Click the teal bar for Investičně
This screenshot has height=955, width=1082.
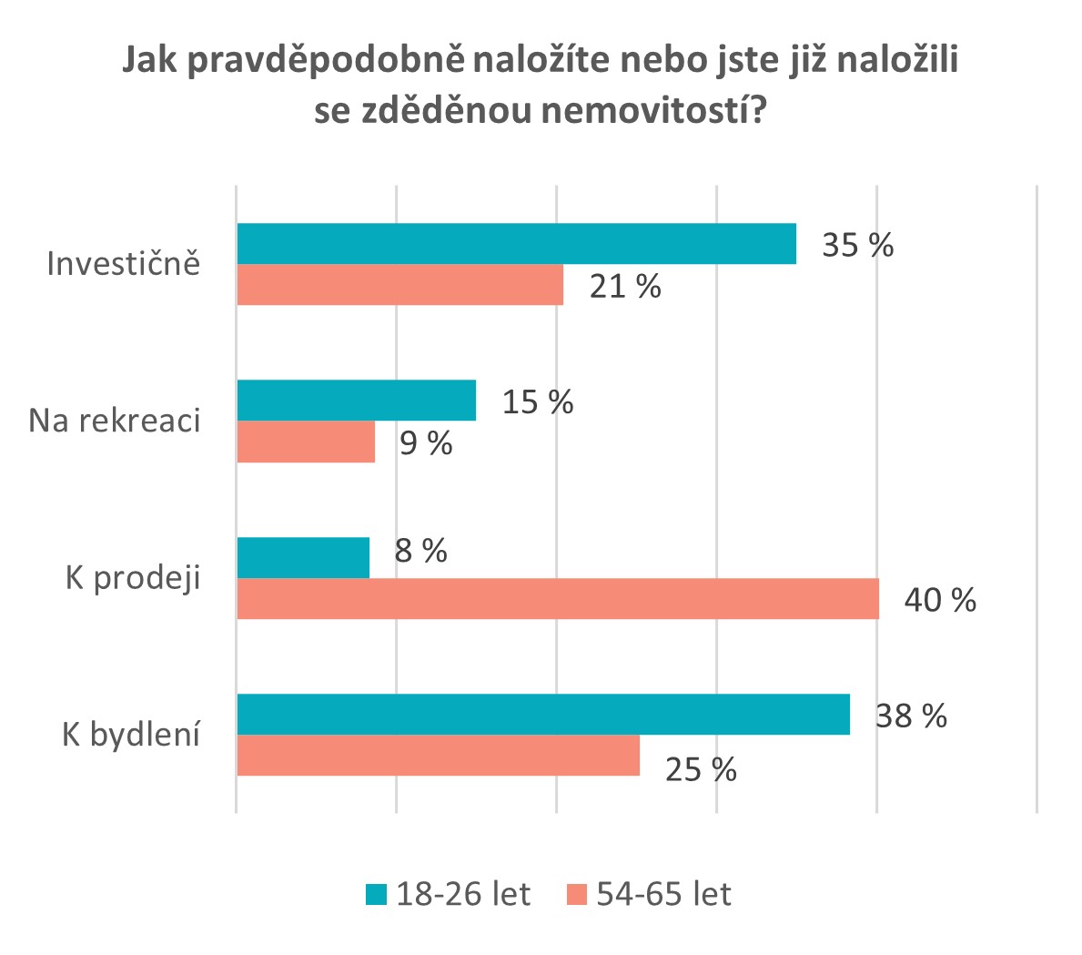517,244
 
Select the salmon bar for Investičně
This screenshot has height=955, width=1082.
400,285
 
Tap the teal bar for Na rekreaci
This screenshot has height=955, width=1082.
357,401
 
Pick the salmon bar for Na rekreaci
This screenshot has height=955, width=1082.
307,442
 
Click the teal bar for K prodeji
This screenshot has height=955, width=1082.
304,558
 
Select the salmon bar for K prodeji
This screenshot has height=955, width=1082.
558,599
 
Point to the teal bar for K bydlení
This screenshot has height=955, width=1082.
544,715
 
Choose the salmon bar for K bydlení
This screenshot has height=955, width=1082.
439,756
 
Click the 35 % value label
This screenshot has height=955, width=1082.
858,245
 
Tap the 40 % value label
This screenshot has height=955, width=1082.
941,599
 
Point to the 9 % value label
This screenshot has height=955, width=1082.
426,442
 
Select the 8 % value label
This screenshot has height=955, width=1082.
421,551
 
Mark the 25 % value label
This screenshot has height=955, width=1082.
701,770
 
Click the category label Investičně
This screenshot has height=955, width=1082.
124,263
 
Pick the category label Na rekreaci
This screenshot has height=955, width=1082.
115,421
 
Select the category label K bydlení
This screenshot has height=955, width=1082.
131,735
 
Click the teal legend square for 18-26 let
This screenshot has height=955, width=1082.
376,894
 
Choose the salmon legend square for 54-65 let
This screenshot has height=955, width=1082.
576,894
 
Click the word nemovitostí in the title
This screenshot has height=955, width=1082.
653,110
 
